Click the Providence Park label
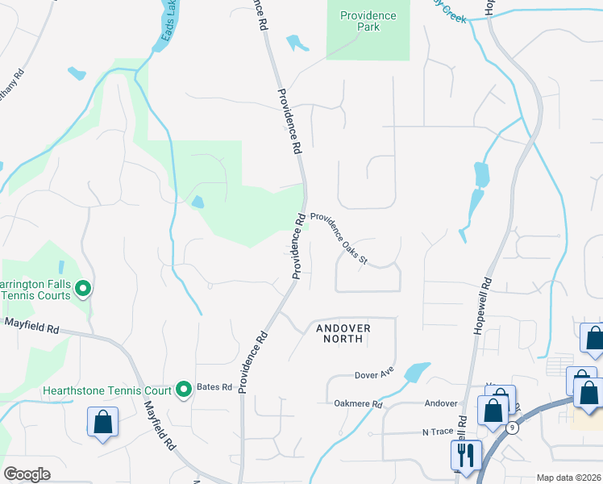tap(368, 21)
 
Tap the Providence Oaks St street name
tap(339, 239)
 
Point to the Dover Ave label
tap(372, 375)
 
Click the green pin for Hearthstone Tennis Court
tap(183, 390)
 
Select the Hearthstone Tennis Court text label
tap(107, 390)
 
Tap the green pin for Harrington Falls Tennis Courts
tap(82, 287)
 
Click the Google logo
tap(27, 474)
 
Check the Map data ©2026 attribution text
tap(568, 478)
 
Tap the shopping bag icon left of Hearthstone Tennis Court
tap(103, 421)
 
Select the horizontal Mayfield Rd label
tap(31, 329)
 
